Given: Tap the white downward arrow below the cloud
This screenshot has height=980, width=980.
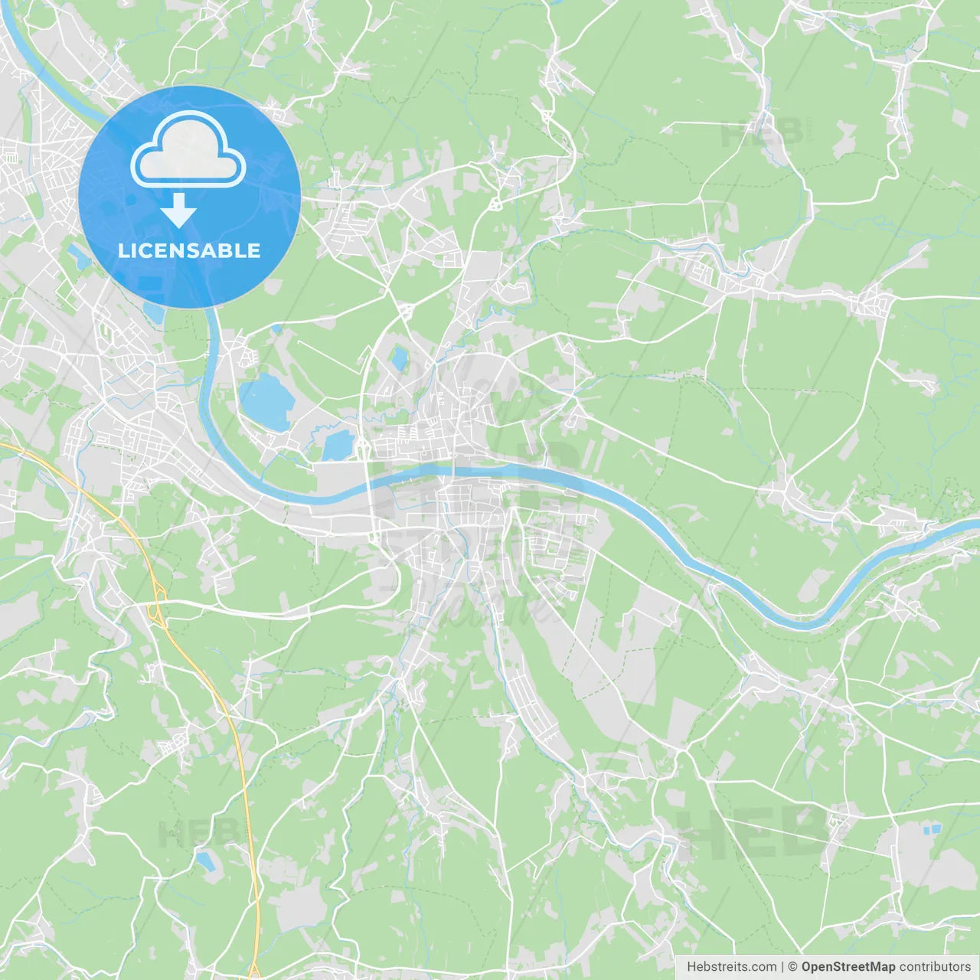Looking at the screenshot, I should (x=179, y=210).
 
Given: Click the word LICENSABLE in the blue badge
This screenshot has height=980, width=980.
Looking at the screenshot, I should (x=189, y=250).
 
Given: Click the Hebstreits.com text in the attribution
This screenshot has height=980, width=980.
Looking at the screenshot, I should (x=731, y=967).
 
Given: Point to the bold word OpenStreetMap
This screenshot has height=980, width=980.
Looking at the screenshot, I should (x=848, y=967).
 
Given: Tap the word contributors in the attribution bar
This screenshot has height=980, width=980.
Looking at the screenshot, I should (x=935, y=967).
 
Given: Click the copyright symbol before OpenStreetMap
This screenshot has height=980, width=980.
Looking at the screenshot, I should (x=792, y=967).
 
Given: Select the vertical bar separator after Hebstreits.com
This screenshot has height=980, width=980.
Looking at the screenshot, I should (x=782, y=967).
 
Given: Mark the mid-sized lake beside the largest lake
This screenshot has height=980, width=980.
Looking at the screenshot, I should (x=337, y=446).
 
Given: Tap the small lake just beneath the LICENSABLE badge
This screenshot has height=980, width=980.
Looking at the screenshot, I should (x=154, y=313).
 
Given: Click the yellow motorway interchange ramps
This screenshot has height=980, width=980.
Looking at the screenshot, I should (x=157, y=600).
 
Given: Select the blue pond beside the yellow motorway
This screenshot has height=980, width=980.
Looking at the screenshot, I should (x=205, y=860).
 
